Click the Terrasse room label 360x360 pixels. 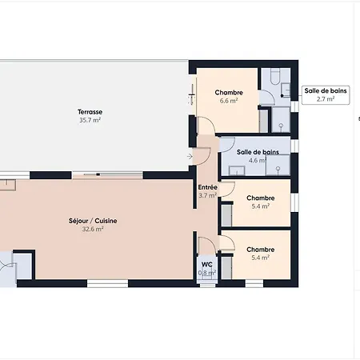tap(90, 112)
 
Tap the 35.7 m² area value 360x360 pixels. tap(90, 120)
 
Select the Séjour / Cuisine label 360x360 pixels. tap(93, 221)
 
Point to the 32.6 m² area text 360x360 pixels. tap(93, 229)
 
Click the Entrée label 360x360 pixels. tap(207, 187)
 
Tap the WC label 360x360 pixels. tap(207, 265)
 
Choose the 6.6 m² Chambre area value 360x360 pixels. tap(229, 101)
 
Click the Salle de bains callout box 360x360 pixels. tap(326, 95)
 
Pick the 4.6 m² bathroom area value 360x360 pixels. tap(258, 160)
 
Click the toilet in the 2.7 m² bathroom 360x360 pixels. tap(275, 76)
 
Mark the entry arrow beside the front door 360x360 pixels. tap(190, 156)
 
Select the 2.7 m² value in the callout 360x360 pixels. tap(326, 99)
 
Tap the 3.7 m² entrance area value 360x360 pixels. tap(207, 195)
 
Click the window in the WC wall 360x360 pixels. tap(207, 286)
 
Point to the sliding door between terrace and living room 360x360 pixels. tap(107, 175)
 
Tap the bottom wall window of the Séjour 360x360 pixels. tap(107, 283)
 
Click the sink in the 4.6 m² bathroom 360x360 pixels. tap(237, 170)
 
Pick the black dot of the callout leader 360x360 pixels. tap(282, 95)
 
